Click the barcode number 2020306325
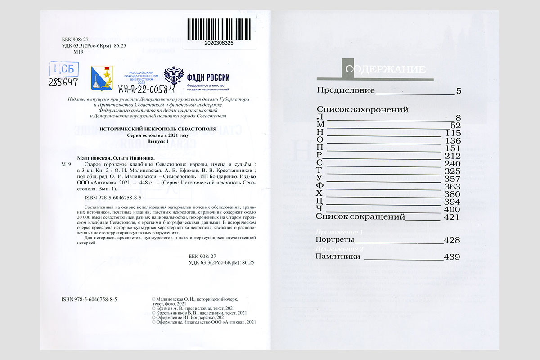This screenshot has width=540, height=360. click(219, 43)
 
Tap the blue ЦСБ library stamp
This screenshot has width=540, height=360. click(65, 69)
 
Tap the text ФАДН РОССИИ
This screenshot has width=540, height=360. click(208, 76)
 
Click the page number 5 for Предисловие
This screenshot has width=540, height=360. click(459, 91)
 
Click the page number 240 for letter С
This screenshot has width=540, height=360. click(453, 164)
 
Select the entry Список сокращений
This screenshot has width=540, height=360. click(361, 216)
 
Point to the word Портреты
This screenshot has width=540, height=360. click(335, 240)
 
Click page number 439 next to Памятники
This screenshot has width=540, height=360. click(452, 257)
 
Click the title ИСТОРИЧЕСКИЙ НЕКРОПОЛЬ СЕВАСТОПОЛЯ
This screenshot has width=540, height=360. click(157, 129)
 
